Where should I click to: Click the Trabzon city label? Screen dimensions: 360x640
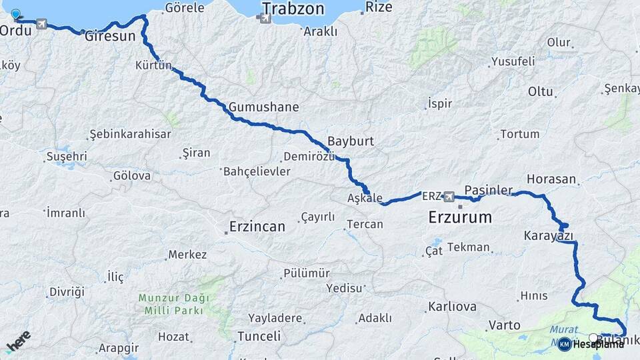[293, 9]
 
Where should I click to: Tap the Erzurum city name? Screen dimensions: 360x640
[460, 217]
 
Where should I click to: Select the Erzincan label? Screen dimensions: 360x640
[257, 227]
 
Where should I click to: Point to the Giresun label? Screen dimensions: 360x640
[110, 36]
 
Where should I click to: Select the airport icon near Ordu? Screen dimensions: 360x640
[43, 25]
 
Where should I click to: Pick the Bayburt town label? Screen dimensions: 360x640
[351, 142]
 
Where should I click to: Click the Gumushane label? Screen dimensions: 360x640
[263, 107]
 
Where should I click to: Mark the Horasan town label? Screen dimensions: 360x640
[551, 179]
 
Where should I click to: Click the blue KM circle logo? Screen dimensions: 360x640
[564, 344]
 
